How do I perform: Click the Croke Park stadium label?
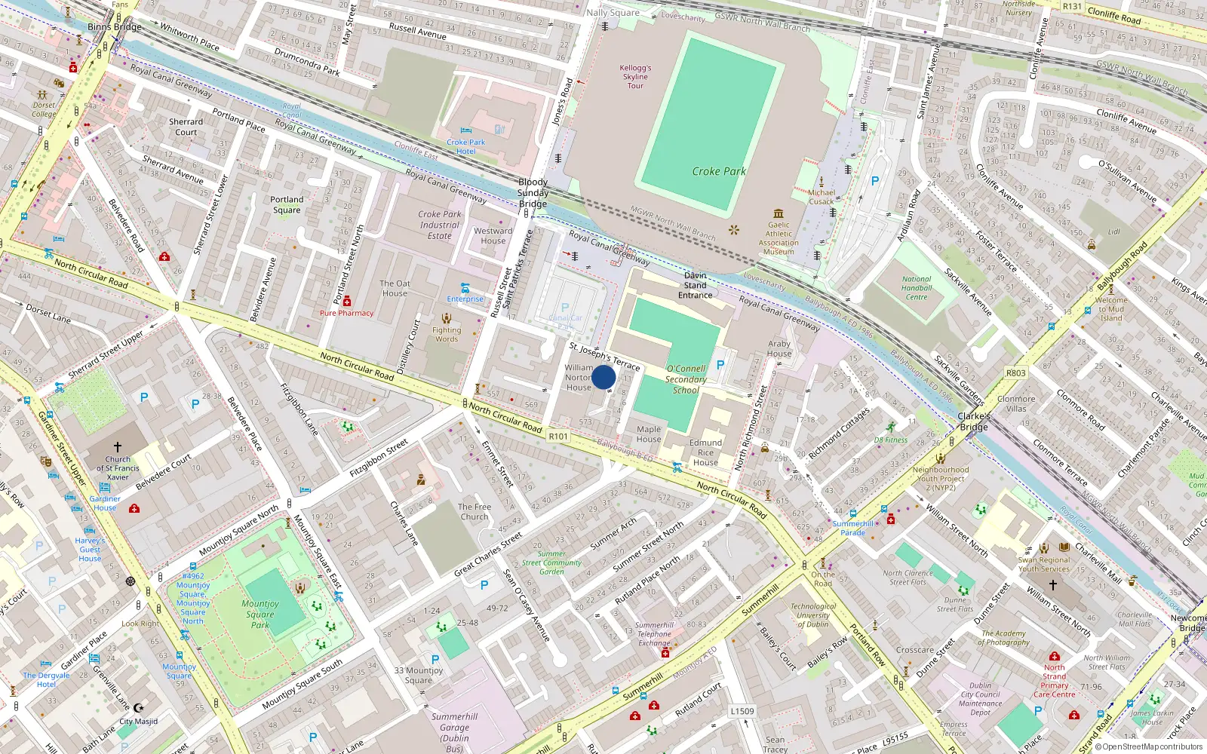(x=718, y=171)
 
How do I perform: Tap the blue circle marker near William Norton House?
(x=603, y=377)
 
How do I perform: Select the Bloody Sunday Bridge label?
(x=533, y=193)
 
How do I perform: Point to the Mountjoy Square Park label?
(x=260, y=614)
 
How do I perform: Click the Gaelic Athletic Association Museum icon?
(x=779, y=213)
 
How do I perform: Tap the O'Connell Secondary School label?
(x=686, y=379)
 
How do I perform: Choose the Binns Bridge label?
(x=115, y=27)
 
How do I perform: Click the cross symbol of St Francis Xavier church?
(x=118, y=447)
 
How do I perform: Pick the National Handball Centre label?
(x=917, y=288)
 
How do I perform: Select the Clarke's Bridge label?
(x=973, y=421)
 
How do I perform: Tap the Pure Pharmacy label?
(x=346, y=313)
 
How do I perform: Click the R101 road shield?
(x=558, y=437)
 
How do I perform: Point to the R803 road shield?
(x=1016, y=372)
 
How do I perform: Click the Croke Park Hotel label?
(x=465, y=146)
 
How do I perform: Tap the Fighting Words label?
(x=447, y=334)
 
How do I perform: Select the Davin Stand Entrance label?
(x=695, y=285)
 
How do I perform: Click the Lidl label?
(x=1113, y=232)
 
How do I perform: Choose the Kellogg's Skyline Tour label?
(x=635, y=76)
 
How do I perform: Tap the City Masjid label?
(x=139, y=722)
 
